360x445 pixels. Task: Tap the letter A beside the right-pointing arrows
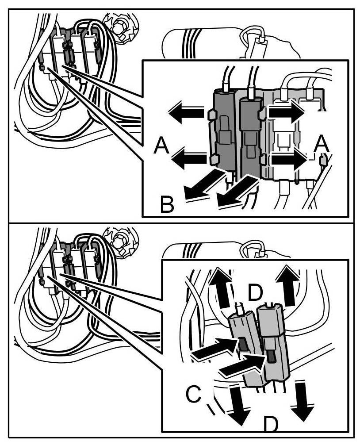(322, 144)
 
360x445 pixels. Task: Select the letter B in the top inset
(167, 205)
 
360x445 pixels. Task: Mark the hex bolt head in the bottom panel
(118, 242)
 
